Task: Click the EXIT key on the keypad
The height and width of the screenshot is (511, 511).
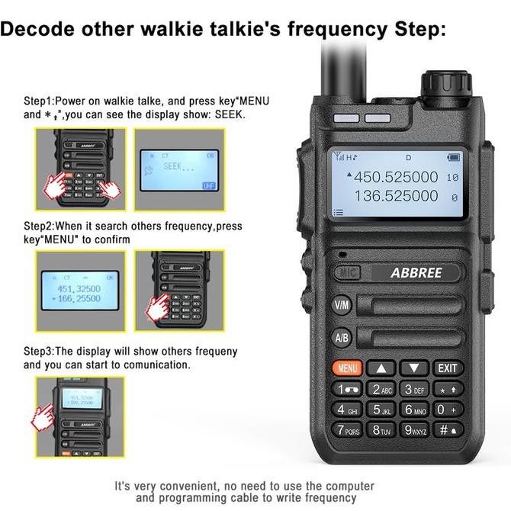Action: pyautogui.click(x=448, y=368)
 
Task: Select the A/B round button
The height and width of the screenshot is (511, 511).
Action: pyautogui.click(x=341, y=337)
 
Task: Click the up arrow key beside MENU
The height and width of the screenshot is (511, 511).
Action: pyautogui.click(x=381, y=368)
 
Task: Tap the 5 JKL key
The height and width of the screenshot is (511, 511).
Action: pyautogui.click(x=381, y=410)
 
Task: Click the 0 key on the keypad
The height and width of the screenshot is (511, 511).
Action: pyautogui.click(x=448, y=410)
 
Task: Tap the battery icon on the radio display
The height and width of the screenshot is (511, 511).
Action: pyautogui.click(x=455, y=158)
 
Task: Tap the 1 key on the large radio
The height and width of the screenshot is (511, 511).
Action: pyautogui.click(x=347, y=389)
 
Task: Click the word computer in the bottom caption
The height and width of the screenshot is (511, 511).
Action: pyautogui.click(x=347, y=486)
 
